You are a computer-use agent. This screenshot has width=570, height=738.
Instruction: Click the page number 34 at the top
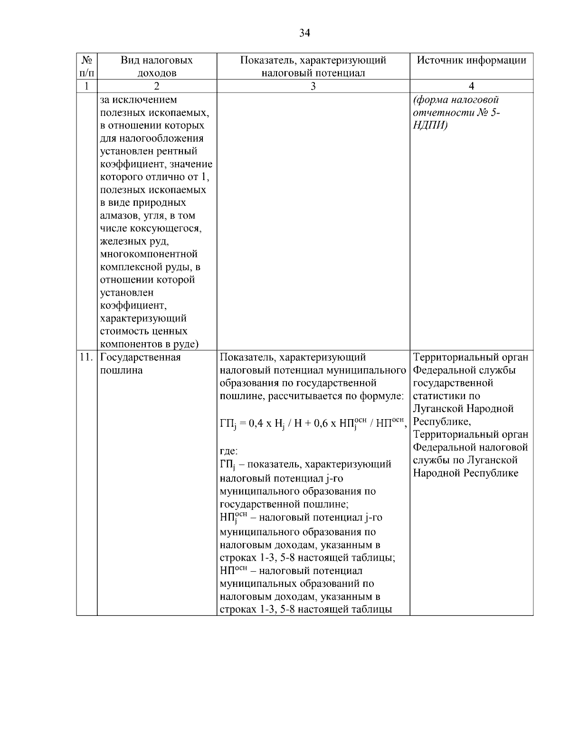point(304,32)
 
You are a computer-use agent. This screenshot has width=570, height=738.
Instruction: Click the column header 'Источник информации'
point(471,60)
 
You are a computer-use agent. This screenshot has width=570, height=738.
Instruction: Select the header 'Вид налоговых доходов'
point(157,67)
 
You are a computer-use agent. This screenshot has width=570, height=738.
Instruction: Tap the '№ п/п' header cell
point(86,66)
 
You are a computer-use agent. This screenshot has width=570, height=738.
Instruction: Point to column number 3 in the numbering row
point(313,86)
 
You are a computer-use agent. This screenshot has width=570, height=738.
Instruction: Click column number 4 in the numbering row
point(471,86)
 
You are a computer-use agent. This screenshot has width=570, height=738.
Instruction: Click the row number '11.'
point(86,357)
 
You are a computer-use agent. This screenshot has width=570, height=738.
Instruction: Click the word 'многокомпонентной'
point(149,254)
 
